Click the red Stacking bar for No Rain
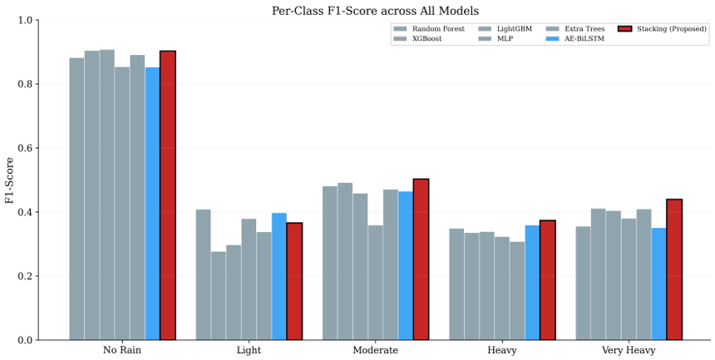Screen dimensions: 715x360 tap(168, 195)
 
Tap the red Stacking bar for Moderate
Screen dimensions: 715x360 tap(421, 259)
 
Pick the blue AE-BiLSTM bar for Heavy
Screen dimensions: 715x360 tap(532, 283)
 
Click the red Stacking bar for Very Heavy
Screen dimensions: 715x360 tap(674, 269)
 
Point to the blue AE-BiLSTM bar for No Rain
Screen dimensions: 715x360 tap(153, 204)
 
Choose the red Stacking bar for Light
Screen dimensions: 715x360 tap(294, 281)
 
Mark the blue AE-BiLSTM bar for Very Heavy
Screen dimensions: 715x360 tap(659, 284)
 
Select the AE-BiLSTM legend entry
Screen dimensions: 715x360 tap(574, 39)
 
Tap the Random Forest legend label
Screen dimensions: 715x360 tap(439, 29)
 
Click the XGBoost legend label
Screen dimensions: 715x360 tap(427, 39)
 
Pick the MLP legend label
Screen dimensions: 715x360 tap(505, 39)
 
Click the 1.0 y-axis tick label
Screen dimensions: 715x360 tap(26, 20)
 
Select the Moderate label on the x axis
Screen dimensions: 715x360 tap(375, 350)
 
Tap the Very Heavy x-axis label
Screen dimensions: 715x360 tap(629, 350)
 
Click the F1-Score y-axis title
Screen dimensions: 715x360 tap(9, 180)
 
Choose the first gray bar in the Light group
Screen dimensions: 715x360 tap(204, 274)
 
